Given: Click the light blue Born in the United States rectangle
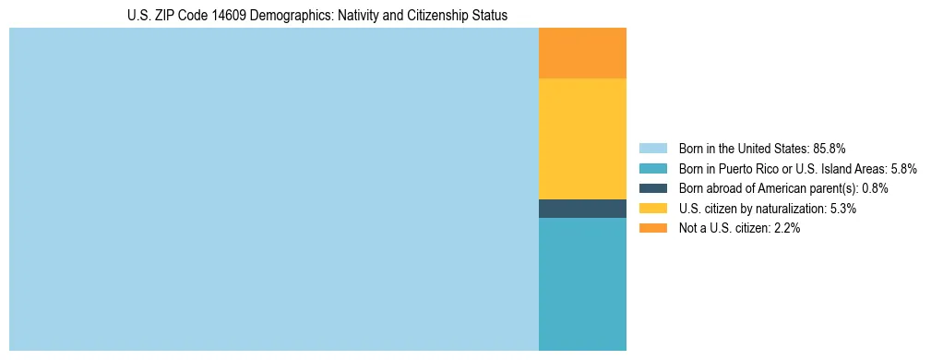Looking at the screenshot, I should [273, 189].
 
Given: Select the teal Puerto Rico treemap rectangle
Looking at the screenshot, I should [582, 283].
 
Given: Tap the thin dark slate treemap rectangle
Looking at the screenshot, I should [582, 209].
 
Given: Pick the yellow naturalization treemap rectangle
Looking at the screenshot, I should [582, 138].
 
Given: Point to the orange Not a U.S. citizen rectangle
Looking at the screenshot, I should [582, 54].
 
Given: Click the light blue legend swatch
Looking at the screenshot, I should [652, 148].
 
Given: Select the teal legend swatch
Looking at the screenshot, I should [652, 168].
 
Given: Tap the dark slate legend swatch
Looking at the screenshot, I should [652, 188].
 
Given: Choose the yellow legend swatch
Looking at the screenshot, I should [652, 209].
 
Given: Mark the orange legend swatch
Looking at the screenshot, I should [652, 229].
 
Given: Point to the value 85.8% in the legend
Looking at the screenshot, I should [830, 148].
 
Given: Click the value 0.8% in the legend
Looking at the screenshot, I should [875, 188].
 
